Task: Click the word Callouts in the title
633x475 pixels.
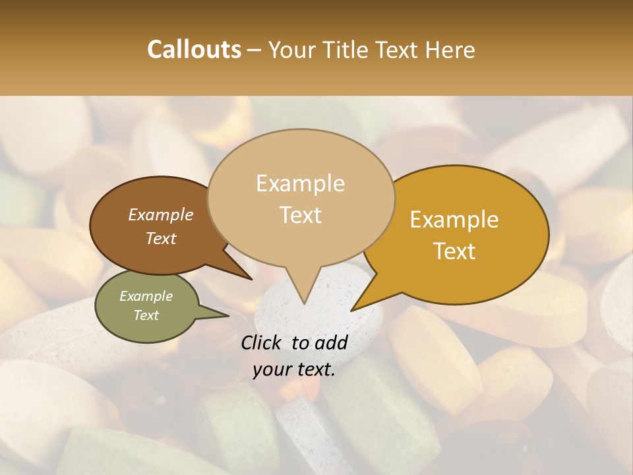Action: coord(194,49)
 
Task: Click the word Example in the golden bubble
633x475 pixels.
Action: coord(454,220)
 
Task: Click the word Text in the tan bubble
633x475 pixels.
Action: coord(301,215)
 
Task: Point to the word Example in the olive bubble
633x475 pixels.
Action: coord(146,296)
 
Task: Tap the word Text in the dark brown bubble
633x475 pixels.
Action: coord(161,238)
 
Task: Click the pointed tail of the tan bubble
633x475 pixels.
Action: coord(303,297)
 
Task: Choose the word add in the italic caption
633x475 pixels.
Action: coord(331,342)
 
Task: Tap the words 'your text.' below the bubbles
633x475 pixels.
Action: coord(294,369)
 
